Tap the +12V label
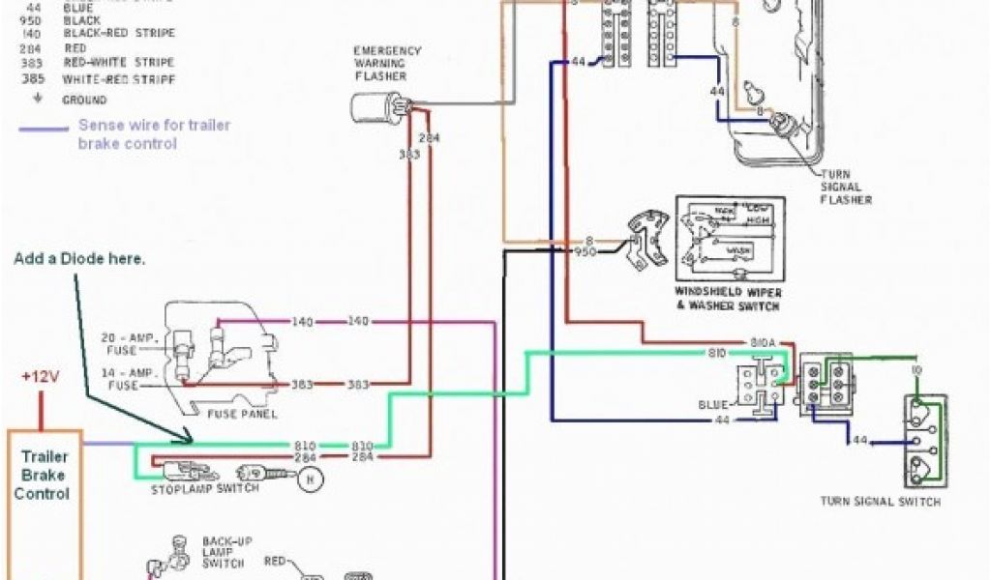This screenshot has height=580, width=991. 41,376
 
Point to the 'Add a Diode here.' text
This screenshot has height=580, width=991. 80,260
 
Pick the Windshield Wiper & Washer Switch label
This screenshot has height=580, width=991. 729,299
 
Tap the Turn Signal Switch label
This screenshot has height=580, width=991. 880,502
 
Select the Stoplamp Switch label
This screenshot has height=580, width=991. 204,489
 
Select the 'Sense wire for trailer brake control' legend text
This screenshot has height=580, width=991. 154,134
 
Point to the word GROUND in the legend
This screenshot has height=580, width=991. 84,100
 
